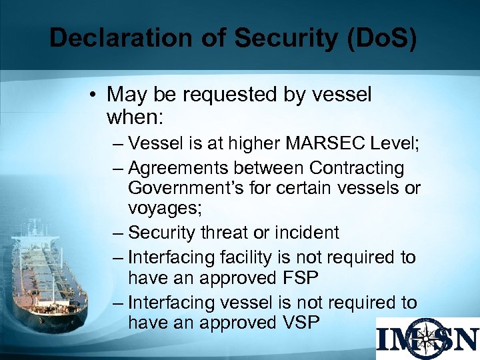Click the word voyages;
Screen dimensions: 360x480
click(x=164, y=209)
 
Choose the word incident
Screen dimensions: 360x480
click(x=308, y=233)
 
